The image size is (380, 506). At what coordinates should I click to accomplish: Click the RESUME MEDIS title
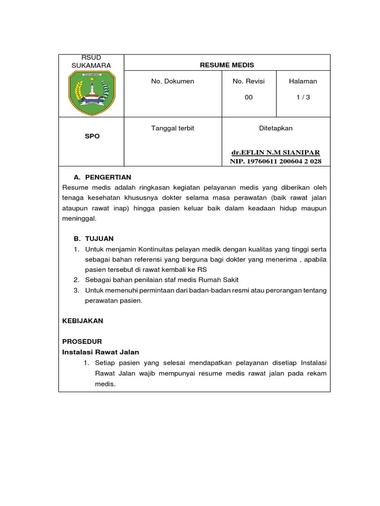point(227,65)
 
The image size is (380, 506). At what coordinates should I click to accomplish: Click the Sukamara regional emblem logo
point(91,93)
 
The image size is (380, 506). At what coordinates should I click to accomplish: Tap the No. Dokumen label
point(173,81)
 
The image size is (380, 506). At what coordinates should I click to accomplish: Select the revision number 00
point(248,97)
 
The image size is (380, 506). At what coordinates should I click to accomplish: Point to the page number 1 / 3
point(303,97)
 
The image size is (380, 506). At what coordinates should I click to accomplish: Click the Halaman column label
point(303,81)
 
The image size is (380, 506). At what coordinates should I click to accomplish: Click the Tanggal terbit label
point(173,128)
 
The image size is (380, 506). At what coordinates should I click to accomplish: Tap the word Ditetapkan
point(276,128)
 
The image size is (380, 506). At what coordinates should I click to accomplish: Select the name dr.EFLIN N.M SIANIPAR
point(276,153)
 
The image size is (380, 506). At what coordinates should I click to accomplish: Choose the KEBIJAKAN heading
point(83,321)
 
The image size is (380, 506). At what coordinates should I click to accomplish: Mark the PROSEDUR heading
point(82,341)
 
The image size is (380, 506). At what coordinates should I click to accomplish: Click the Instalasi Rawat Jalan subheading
point(100,352)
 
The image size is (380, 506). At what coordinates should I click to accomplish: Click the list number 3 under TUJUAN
point(76,291)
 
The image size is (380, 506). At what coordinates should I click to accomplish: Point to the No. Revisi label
point(248,81)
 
